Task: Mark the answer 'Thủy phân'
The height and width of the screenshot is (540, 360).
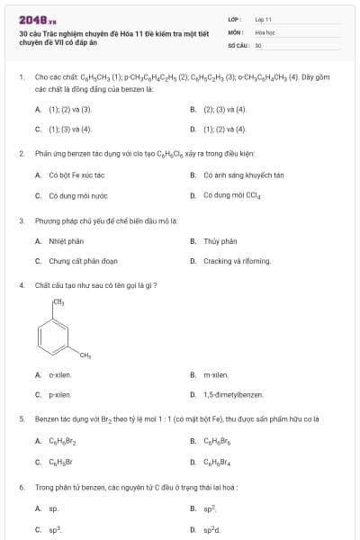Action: click(x=220, y=240)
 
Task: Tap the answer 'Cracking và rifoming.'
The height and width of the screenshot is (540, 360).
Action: click(x=237, y=261)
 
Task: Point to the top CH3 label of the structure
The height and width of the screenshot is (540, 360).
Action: click(x=58, y=302)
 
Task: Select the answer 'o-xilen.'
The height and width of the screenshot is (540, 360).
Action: click(x=60, y=374)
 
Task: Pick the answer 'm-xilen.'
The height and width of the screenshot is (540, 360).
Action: click(x=216, y=374)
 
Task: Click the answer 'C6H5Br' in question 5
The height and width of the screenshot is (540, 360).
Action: click(x=60, y=462)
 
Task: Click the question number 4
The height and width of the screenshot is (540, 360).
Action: click(x=21, y=285)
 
